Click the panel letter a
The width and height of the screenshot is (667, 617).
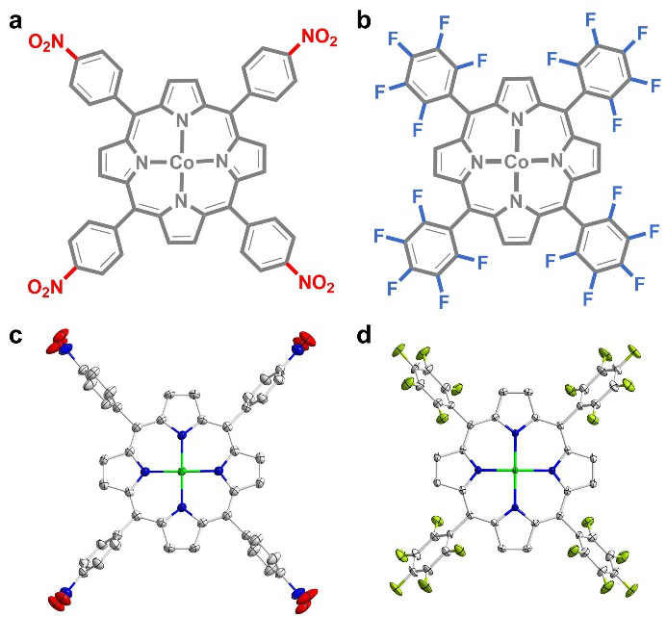point(14,18)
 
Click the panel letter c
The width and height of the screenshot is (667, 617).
point(14,336)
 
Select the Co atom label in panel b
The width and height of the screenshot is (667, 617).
point(516,164)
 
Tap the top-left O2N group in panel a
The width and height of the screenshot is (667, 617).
point(45,41)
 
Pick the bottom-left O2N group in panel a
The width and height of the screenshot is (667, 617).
point(45,286)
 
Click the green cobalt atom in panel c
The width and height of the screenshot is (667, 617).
point(181,472)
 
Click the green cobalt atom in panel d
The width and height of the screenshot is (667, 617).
point(516,471)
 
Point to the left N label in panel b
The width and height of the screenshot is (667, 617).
point(477,164)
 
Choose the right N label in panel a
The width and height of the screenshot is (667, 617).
point(220,164)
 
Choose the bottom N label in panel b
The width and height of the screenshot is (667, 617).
point(516,202)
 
